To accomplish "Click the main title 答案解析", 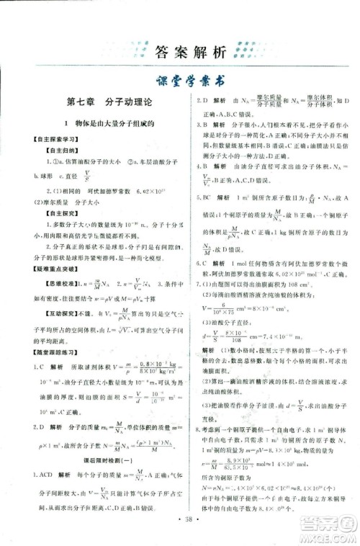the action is click(x=181, y=52).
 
